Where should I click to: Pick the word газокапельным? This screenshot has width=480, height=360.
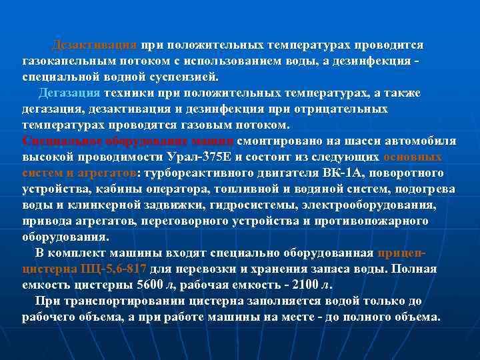click(x=64, y=61)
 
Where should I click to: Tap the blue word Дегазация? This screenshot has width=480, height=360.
click(x=69, y=93)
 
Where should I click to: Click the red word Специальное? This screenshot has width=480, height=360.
click(x=56, y=141)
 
